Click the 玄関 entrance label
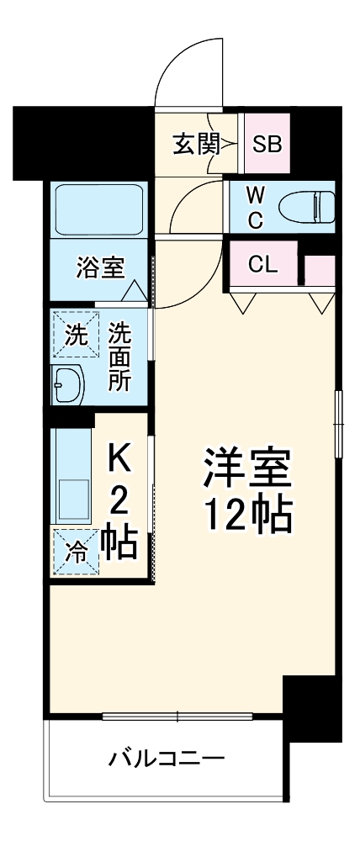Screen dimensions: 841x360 196,145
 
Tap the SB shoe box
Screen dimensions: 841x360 267,145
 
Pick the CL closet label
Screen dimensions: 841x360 262,265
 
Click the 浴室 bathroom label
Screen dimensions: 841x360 99,268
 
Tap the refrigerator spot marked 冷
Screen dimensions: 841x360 76,553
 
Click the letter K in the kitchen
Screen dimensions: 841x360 119,460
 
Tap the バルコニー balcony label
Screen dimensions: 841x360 166,760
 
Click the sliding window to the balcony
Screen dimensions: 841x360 177,717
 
